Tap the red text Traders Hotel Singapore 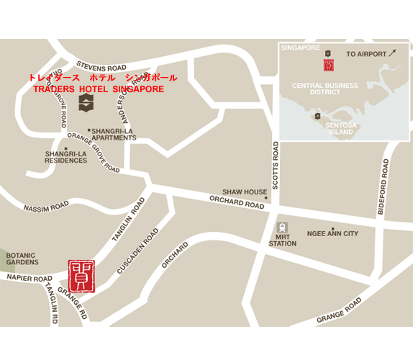(x=99, y=89)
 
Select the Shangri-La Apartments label (x=114, y=135)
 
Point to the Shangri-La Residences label (x=66, y=157)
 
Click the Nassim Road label (x=46, y=207)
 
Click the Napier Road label (x=29, y=278)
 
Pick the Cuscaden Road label (x=138, y=251)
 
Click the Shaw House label (x=244, y=192)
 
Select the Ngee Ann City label (x=332, y=234)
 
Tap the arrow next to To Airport (x=392, y=53)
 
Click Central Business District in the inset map (x=324, y=89)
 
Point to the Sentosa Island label (x=340, y=129)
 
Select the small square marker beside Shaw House (x=265, y=198)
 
